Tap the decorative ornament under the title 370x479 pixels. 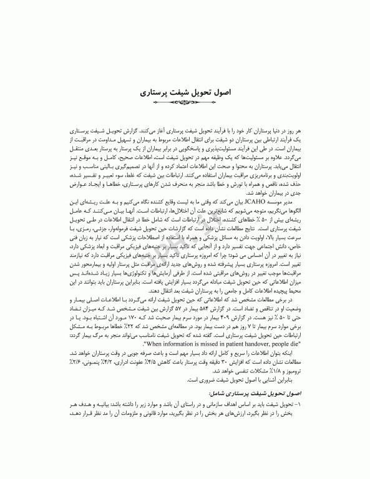pyautogui.click(x=185, y=102)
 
